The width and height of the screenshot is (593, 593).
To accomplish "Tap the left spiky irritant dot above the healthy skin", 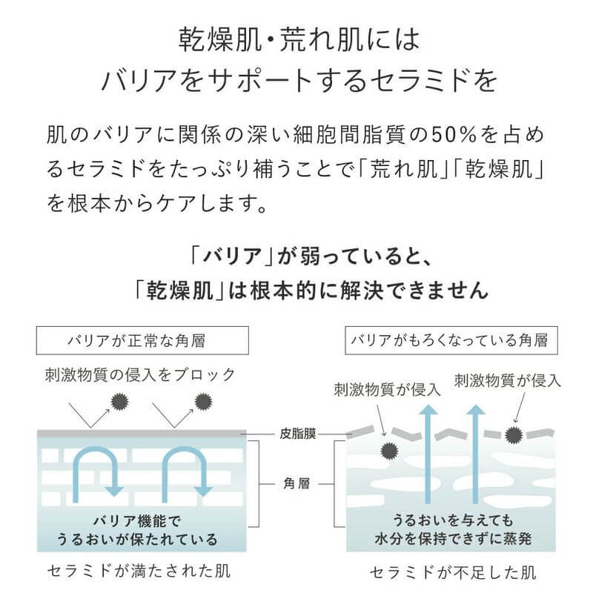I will coord(118,402).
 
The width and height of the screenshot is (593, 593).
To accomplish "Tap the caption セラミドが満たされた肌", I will coord(127,572).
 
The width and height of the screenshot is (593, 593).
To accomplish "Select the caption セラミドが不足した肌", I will coord(453,572).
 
